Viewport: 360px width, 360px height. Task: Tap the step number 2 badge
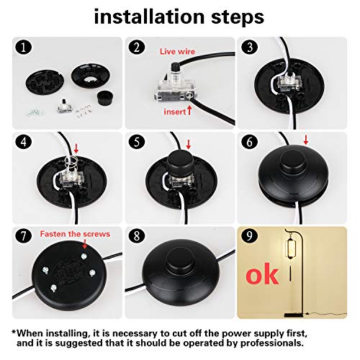tap(135, 50)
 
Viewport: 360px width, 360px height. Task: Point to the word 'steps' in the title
tap(233, 16)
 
